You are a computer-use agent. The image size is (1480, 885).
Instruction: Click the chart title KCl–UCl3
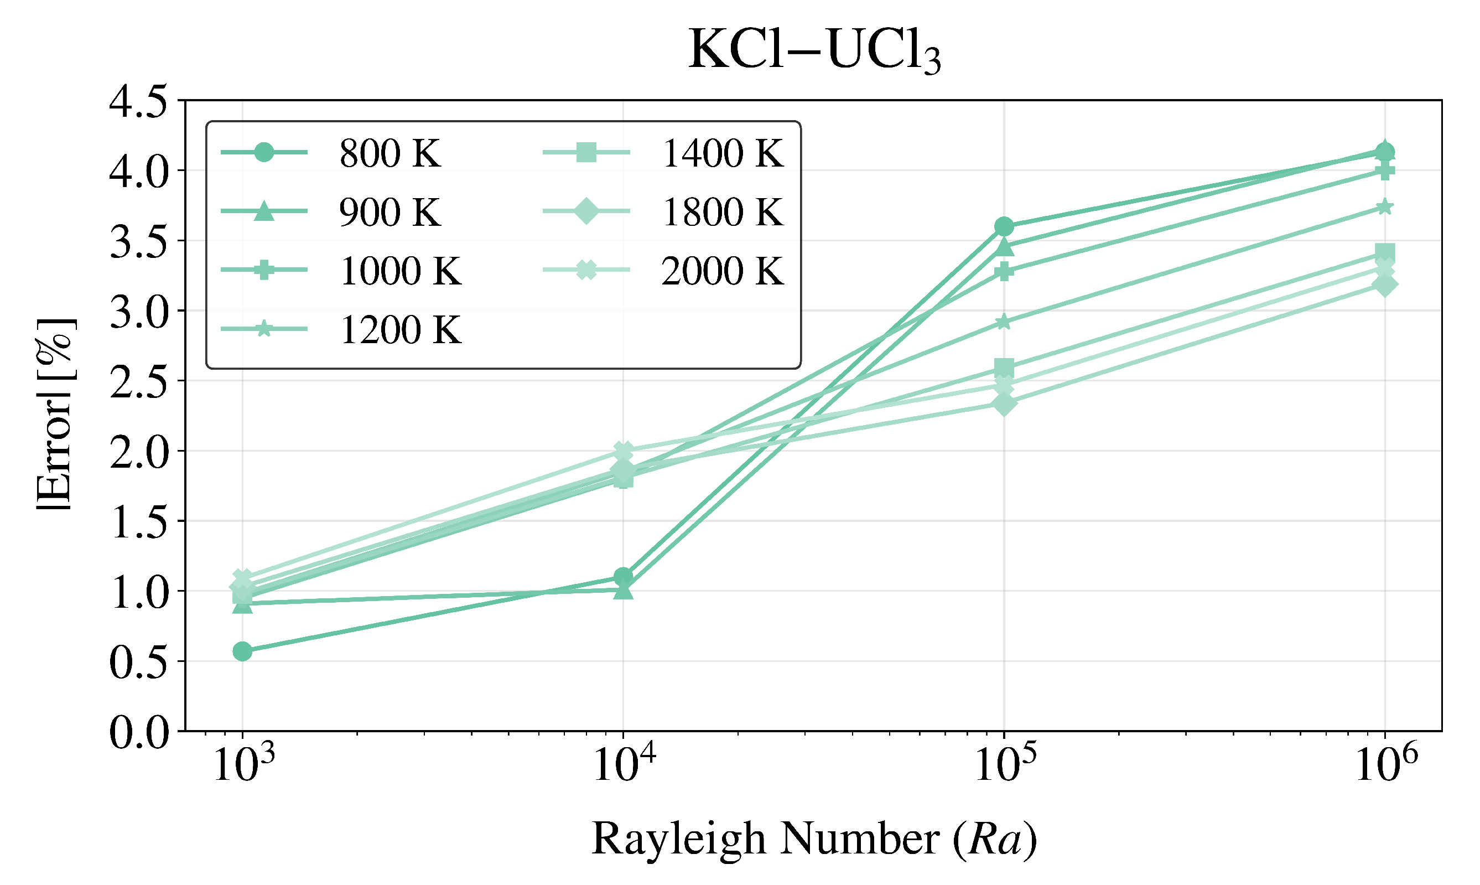click(814, 51)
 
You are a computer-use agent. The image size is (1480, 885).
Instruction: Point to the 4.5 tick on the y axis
click(138, 102)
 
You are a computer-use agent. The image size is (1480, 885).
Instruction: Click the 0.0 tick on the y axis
click(138, 732)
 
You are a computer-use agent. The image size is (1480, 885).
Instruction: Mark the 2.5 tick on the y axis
click(138, 382)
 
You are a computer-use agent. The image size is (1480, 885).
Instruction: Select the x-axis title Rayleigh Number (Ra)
click(814, 839)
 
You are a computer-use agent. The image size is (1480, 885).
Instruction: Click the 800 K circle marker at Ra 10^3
click(242, 651)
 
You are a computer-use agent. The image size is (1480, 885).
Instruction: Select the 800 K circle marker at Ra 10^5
click(1004, 226)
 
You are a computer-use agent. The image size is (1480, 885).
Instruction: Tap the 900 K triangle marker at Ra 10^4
click(624, 591)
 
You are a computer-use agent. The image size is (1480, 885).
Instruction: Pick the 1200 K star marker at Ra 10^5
click(1004, 322)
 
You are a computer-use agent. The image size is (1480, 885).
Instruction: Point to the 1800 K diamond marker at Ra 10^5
click(1004, 405)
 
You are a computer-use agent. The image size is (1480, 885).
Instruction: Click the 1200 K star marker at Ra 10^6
click(1385, 207)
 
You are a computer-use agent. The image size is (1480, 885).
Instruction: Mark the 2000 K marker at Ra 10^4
click(624, 451)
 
